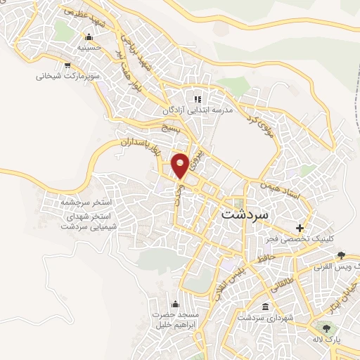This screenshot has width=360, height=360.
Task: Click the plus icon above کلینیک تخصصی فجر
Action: (300, 229)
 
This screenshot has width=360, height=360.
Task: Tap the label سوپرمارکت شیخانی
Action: (69, 74)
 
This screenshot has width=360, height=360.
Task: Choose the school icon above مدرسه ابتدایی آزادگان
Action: (198, 99)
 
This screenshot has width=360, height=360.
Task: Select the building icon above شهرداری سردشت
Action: (265, 307)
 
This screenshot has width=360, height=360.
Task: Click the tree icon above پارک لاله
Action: (325, 327)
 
